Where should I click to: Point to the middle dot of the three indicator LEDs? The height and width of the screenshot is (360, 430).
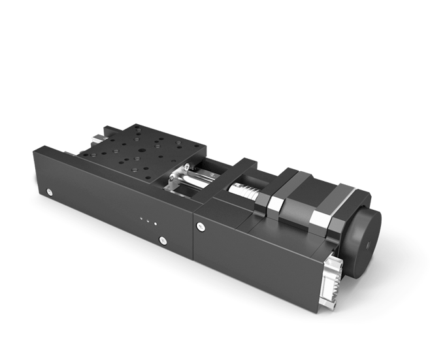tap(148, 220)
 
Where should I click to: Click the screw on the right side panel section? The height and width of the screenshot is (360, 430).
tap(200, 226)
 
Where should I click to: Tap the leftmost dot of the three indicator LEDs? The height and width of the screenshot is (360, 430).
tap(141, 218)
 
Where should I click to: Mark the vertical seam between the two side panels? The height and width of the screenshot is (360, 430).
tap(194, 245)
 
